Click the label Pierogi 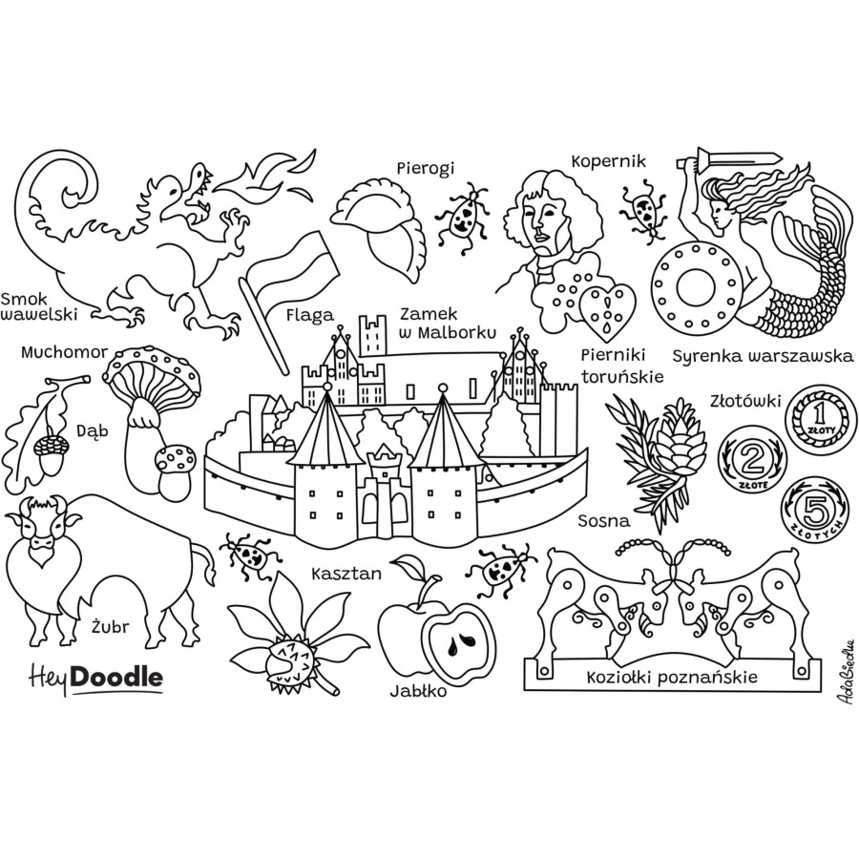click(426, 168)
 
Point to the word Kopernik click(609, 161)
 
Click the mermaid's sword click(723, 158)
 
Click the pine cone click(681, 443)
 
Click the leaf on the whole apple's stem click(409, 568)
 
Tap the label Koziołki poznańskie click(672, 678)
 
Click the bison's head click(42, 529)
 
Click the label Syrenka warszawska click(763, 357)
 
